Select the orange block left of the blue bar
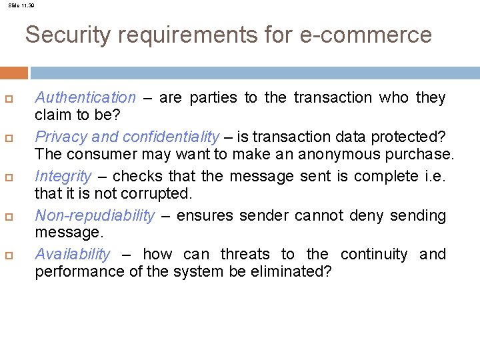coord(13,73)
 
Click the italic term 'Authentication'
coord(85,98)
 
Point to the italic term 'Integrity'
coord(63,177)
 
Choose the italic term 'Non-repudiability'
coord(95,216)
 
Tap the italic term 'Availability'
coord(73,255)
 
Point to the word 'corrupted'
coord(160,194)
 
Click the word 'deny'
coord(365,216)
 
